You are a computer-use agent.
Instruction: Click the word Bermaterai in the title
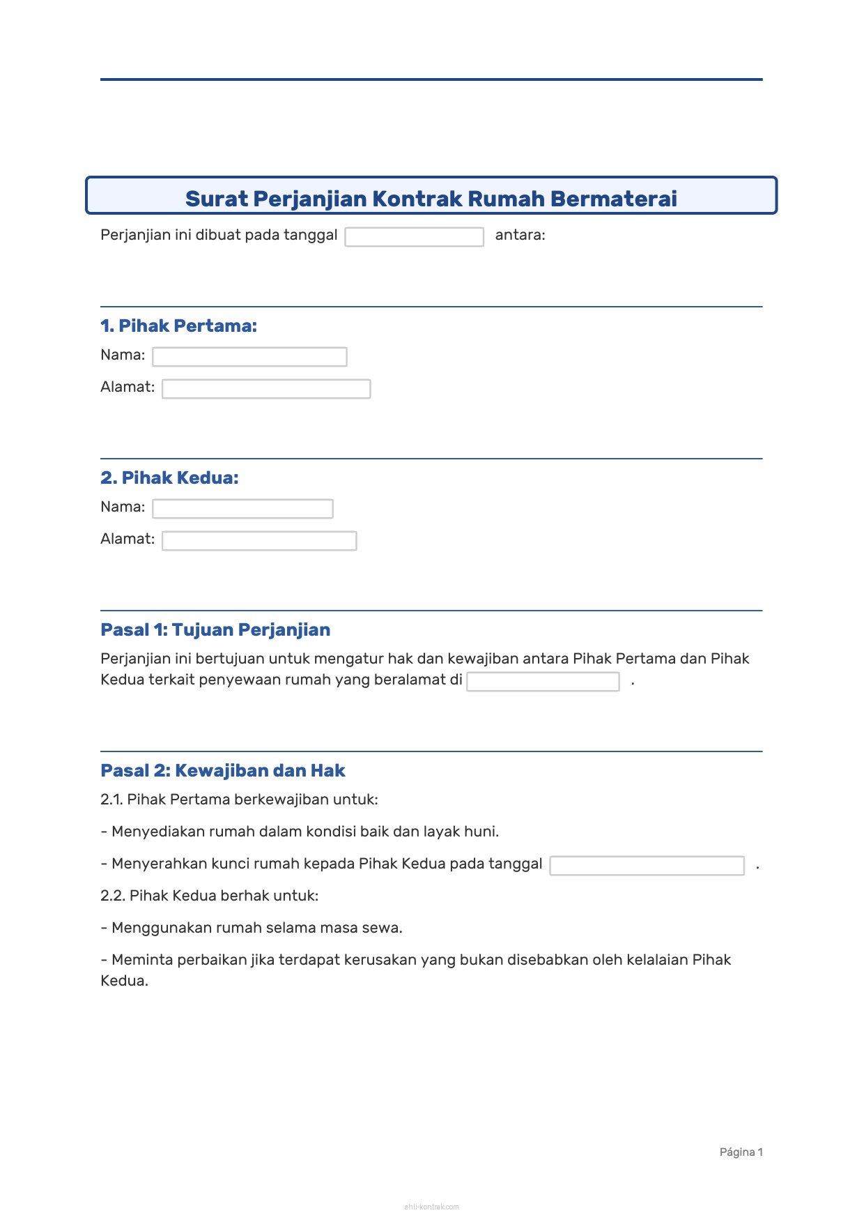pyautogui.click(x=613, y=199)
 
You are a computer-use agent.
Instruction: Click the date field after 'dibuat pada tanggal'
pyautogui.click(x=414, y=237)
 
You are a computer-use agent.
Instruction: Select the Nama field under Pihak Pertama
pyautogui.click(x=249, y=357)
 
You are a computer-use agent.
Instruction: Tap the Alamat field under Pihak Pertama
pyautogui.click(x=266, y=389)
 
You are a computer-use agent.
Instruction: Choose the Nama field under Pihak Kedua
pyautogui.click(x=242, y=509)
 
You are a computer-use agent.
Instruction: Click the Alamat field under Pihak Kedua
pyautogui.click(x=259, y=541)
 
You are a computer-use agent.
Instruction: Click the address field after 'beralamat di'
pyautogui.click(x=543, y=682)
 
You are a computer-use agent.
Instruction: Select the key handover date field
pyautogui.click(x=647, y=866)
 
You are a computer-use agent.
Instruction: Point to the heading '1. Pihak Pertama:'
pyautogui.click(x=178, y=326)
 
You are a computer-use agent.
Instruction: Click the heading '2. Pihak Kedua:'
pyautogui.click(x=169, y=478)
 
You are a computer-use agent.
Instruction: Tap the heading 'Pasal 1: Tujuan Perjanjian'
pyautogui.click(x=215, y=629)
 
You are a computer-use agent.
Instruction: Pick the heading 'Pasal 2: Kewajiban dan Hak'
pyautogui.click(x=223, y=770)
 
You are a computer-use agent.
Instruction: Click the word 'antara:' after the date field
pyautogui.click(x=520, y=235)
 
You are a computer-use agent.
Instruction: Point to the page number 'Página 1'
pyautogui.click(x=741, y=1152)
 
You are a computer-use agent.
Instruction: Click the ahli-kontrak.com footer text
pyautogui.click(x=431, y=1207)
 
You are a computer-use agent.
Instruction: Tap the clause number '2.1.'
pyautogui.click(x=112, y=800)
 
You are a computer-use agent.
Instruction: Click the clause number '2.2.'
pyautogui.click(x=114, y=896)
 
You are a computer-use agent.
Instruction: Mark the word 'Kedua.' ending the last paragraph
pyautogui.click(x=124, y=981)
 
